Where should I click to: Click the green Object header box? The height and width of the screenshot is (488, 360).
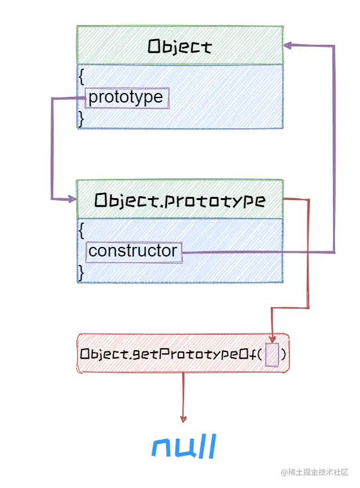(x=180, y=46)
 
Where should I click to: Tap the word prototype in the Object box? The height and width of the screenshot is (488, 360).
(x=126, y=98)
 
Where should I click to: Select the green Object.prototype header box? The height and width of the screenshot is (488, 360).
(x=180, y=200)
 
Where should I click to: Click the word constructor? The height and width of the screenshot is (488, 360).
(x=133, y=251)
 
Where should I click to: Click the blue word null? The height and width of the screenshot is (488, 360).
(x=184, y=446)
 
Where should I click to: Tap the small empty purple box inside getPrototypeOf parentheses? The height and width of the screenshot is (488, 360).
(x=272, y=355)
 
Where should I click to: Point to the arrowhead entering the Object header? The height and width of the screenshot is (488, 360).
(x=288, y=46)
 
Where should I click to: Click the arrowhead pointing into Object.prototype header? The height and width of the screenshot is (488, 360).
(x=71, y=199)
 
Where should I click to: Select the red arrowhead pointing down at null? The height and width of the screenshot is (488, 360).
(x=184, y=418)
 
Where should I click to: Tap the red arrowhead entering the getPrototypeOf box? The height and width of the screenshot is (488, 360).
(x=273, y=339)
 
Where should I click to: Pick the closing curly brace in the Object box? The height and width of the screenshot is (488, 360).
(x=81, y=119)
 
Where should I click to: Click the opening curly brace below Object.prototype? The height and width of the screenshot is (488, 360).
(x=81, y=230)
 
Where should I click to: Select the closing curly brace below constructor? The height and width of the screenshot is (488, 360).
(x=81, y=272)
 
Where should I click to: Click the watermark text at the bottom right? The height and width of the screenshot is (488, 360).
(x=314, y=472)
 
